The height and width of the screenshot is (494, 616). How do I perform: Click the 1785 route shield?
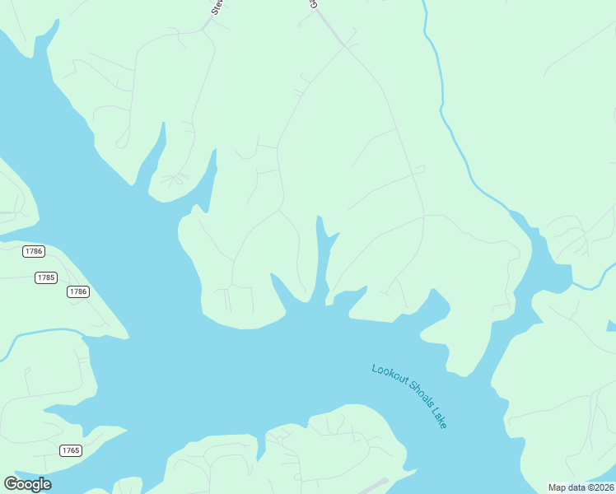pyautogui.click(x=46, y=277)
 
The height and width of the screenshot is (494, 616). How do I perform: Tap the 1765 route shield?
pyautogui.click(x=71, y=450)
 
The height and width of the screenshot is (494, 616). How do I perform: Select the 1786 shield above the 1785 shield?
pyautogui.click(x=34, y=250)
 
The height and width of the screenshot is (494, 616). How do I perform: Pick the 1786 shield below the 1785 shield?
pyautogui.click(x=78, y=291)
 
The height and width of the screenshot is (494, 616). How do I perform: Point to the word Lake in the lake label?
pyautogui.click(x=439, y=419)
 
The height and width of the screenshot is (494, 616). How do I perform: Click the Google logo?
pyautogui.click(x=27, y=484)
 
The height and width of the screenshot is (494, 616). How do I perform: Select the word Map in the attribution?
pyautogui.click(x=558, y=487)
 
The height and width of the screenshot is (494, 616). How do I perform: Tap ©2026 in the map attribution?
pyautogui.click(x=600, y=487)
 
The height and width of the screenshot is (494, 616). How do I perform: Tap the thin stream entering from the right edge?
pyautogui.click(x=595, y=280)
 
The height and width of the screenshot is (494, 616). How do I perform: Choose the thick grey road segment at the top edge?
pyautogui.click(x=329, y=25)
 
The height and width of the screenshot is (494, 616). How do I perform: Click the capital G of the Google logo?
pyautogui.click(x=11, y=484)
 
